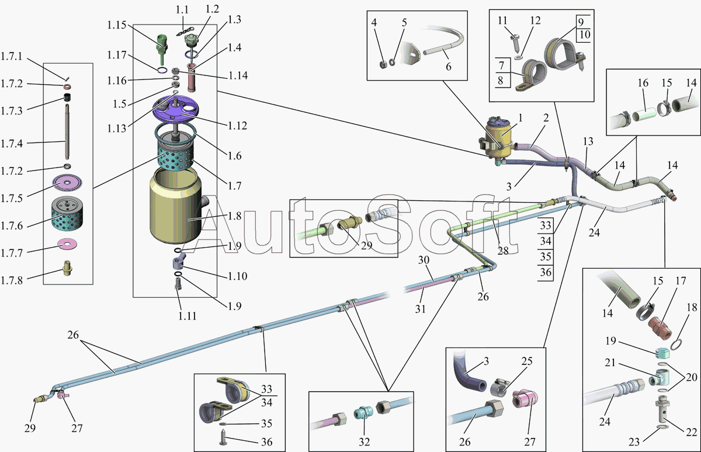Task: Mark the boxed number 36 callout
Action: (x=546, y=272)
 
